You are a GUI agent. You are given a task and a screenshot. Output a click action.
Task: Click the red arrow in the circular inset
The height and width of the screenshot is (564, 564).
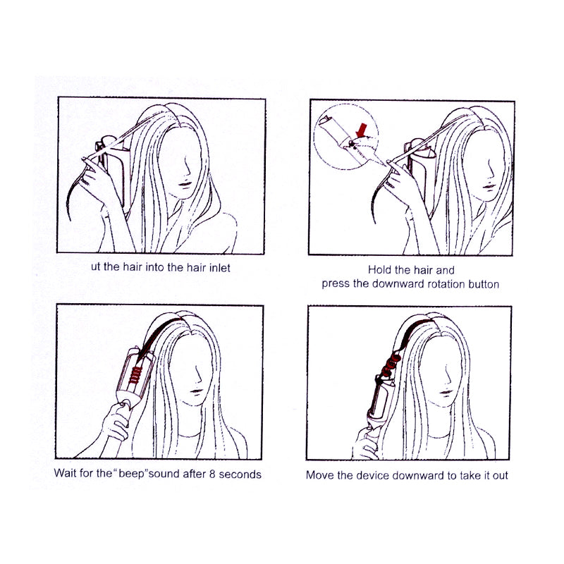pyautogui.click(x=362, y=130)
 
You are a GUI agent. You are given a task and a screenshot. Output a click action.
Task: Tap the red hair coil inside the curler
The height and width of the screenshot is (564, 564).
pyautogui.click(x=135, y=374)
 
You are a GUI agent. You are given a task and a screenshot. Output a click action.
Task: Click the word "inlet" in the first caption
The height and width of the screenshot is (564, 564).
pyautogui.click(x=218, y=268)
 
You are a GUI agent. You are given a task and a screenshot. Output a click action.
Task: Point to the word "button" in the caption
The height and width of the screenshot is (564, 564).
pyautogui.click(x=483, y=284)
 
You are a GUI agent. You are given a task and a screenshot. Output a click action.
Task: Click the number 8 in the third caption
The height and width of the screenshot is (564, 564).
pyautogui.click(x=212, y=474)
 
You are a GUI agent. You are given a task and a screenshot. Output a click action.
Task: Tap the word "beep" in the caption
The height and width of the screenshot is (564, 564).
pyautogui.click(x=131, y=473)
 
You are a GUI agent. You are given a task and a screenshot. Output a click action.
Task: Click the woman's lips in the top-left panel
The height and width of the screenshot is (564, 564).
pyautogui.click(x=185, y=184)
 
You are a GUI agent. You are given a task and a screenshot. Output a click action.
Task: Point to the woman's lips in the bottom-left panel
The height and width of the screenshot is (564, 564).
pyautogui.click(x=197, y=391)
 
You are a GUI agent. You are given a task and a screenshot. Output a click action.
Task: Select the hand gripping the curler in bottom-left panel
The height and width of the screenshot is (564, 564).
pyautogui.click(x=116, y=422)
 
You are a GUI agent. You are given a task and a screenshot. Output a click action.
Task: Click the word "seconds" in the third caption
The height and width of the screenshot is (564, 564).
pyautogui.click(x=240, y=474)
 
